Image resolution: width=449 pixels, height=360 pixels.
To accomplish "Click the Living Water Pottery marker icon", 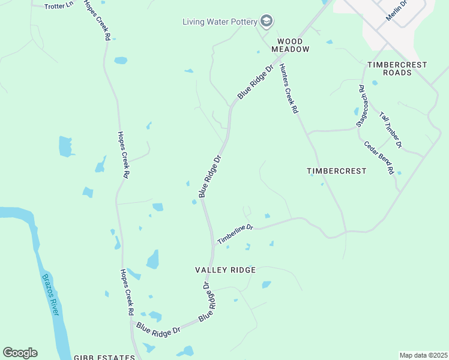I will [267, 22].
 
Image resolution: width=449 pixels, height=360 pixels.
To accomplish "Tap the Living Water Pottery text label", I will [220, 22].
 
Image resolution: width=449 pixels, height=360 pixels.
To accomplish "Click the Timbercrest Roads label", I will [397, 68].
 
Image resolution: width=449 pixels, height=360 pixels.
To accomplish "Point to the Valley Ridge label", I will [226, 270].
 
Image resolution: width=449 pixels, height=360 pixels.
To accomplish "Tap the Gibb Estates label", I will [104, 358].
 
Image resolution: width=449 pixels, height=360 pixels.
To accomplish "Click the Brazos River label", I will [51, 294].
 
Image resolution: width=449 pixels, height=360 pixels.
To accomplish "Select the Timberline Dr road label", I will [236, 235].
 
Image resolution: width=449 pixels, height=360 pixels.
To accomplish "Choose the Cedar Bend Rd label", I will [379, 157].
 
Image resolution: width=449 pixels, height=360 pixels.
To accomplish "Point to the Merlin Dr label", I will [396, 11].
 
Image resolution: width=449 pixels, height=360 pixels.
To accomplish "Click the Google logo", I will [20, 353].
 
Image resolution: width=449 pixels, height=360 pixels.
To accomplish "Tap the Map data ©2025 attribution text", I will [423, 355].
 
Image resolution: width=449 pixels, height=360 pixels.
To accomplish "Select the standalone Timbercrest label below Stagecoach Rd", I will [336, 171].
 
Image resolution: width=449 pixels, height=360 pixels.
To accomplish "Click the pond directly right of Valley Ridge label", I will [266, 284].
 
